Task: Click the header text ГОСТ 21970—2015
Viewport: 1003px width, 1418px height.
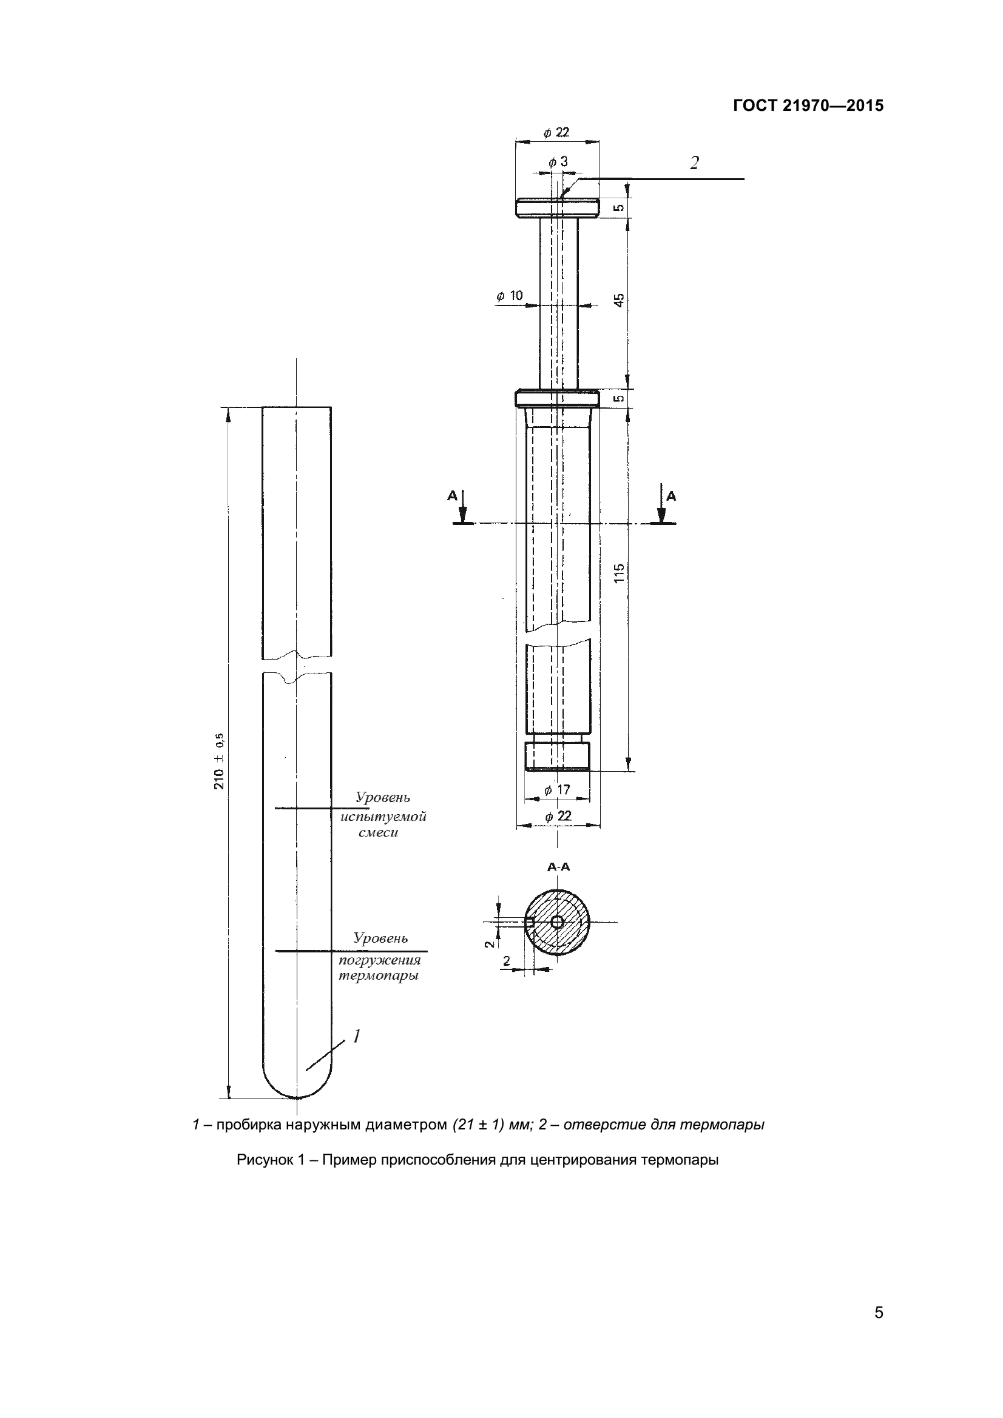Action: (808, 105)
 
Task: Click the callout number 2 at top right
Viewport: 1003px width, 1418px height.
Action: (695, 163)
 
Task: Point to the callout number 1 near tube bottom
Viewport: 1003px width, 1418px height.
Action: (356, 1035)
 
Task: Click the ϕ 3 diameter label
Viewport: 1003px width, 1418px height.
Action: (558, 162)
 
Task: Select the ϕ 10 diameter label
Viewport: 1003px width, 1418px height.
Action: (509, 296)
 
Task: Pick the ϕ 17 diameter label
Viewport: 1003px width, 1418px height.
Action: (557, 789)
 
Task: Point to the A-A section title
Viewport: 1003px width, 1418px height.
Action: (558, 867)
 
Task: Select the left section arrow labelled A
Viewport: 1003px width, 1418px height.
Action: (462, 507)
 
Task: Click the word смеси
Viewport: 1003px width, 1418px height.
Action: (378, 833)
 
